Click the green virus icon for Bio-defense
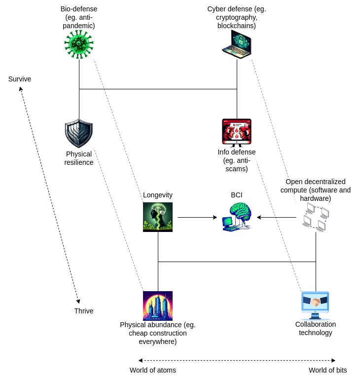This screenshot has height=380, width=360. pos(79,44)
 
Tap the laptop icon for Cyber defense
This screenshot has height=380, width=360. pos(237,44)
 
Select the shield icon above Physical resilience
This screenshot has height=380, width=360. pos(79,133)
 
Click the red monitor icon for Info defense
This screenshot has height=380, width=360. pos(237,133)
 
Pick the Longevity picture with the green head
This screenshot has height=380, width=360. pos(158,217)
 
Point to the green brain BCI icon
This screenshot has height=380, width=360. pos(237,217)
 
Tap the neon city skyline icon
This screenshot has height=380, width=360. pos(158,306)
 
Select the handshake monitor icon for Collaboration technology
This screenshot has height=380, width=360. pos(316,305)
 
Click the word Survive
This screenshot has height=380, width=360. pos(20,79)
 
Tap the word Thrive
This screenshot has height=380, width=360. pos(84,311)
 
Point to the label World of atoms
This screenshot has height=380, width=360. pos(153,370)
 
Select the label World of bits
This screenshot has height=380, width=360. pos(328,370)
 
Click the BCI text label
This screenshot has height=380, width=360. pos(237,195)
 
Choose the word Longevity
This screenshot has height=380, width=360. pos(158,195)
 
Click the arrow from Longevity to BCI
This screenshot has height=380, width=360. pos(197,217)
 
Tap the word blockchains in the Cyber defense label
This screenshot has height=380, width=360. pos(237,26)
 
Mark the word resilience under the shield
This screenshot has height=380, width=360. pos(79,162)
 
